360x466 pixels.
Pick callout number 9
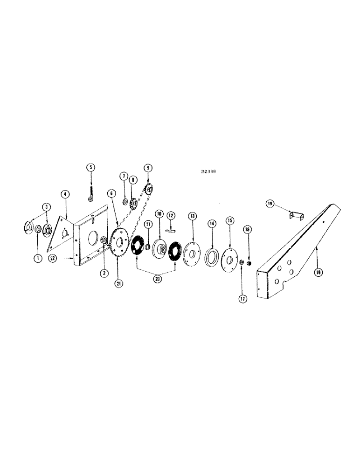(148, 167)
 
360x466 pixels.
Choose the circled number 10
(159, 214)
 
